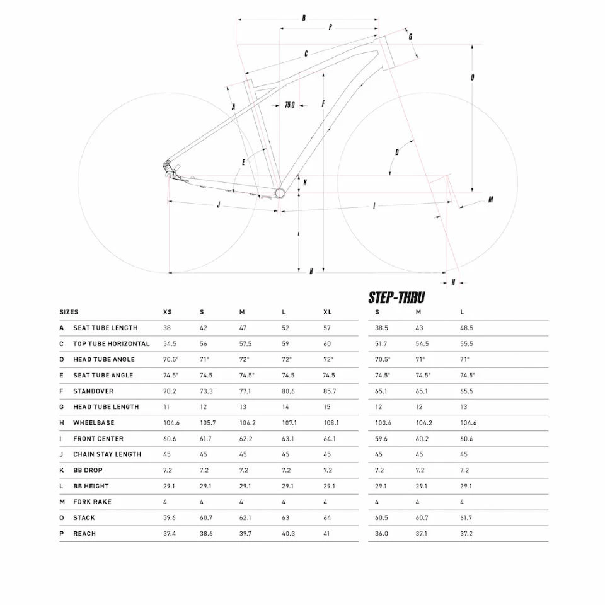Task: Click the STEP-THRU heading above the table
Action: (396, 297)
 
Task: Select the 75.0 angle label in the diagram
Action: (289, 105)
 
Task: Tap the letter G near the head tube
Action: (410, 37)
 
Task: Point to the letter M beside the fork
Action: (490, 200)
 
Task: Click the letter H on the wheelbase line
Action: (311, 271)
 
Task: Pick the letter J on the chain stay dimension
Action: (218, 205)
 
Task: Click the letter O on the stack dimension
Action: (472, 78)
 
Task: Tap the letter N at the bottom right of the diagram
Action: (453, 282)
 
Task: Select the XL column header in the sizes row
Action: (327, 313)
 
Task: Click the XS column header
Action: (167, 313)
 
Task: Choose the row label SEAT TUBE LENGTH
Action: (105, 328)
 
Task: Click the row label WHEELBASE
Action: (94, 423)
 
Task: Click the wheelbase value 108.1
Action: (330, 423)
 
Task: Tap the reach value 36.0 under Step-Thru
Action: (382, 534)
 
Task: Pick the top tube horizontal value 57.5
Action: (245, 344)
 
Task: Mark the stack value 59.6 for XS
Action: (169, 518)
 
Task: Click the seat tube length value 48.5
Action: (466, 328)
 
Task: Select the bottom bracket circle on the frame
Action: (279, 192)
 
